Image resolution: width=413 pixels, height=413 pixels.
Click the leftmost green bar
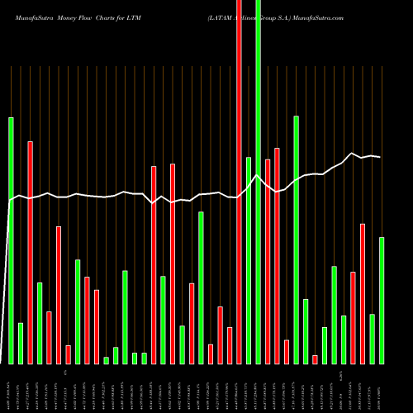pyautogui.click(x=11, y=240)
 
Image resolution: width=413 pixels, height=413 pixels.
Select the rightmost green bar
pyautogui.click(x=382, y=300)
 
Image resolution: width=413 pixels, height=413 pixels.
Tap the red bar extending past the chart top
pyautogui.click(x=240, y=182)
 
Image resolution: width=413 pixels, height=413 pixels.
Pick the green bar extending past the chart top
pyautogui.click(x=258, y=182)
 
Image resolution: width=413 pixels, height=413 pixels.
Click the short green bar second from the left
pyautogui.click(x=21, y=343)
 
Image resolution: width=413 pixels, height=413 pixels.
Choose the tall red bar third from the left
pyautogui.click(x=30, y=252)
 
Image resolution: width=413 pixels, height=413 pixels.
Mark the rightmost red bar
pyautogui.click(x=363, y=293)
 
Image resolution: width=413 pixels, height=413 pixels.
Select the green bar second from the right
pyautogui.click(x=373, y=339)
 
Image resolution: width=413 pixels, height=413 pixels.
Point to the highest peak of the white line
pyautogui.click(x=353, y=154)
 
